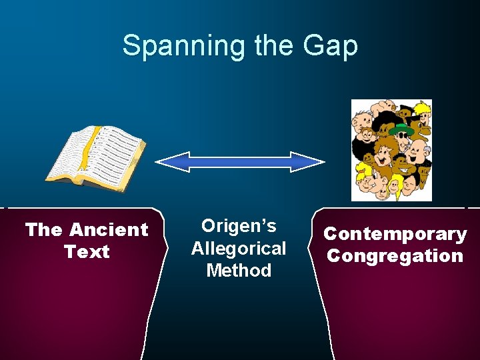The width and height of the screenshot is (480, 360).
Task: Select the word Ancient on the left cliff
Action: pyautogui.click(x=109, y=230)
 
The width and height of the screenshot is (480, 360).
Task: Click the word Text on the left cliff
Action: pyautogui.click(x=87, y=252)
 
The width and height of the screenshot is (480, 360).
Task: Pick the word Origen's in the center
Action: pyautogui.click(x=239, y=226)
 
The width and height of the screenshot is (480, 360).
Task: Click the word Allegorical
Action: pyautogui.click(x=239, y=249)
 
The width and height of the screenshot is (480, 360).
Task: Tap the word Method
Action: pyautogui.click(x=239, y=271)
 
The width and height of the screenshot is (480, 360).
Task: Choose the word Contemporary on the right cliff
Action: pyautogui.click(x=395, y=234)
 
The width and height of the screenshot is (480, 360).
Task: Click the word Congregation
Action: pyautogui.click(x=395, y=256)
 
